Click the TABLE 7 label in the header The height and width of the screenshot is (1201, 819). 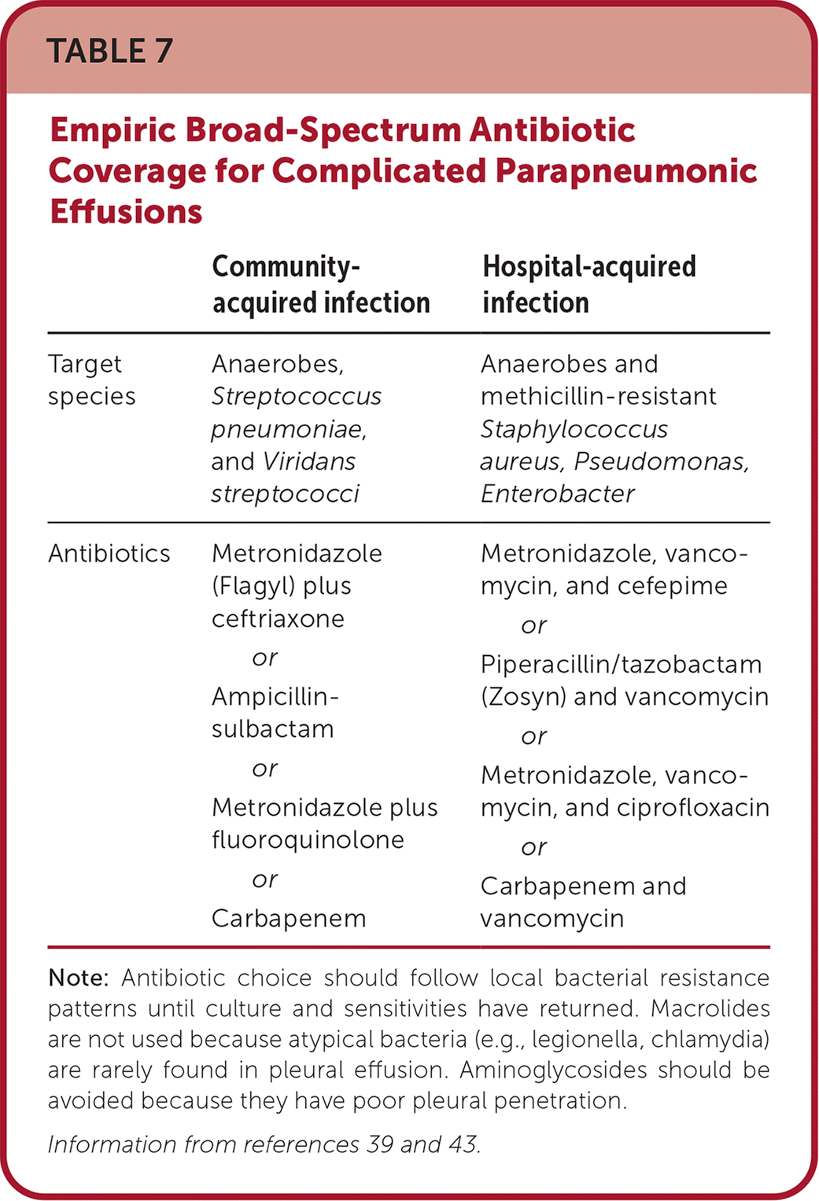(x=109, y=51)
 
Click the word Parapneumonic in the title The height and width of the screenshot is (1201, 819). (x=627, y=171)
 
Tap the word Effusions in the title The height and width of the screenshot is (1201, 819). (x=126, y=212)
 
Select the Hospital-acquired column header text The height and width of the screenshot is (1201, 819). (x=589, y=267)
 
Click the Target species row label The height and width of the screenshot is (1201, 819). (x=91, y=380)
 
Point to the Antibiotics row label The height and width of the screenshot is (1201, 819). (x=109, y=554)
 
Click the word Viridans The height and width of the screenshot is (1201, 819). (x=309, y=462)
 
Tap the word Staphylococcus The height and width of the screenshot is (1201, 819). (x=574, y=429)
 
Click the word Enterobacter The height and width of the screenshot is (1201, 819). (x=558, y=494)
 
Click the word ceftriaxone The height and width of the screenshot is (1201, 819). (x=278, y=619)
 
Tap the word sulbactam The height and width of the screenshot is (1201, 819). (x=273, y=729)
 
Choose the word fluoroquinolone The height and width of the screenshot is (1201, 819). (x=308, y=840)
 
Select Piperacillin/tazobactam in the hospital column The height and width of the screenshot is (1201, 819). (x=621, y=665)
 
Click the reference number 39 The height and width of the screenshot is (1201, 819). (x=380, y=1144)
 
